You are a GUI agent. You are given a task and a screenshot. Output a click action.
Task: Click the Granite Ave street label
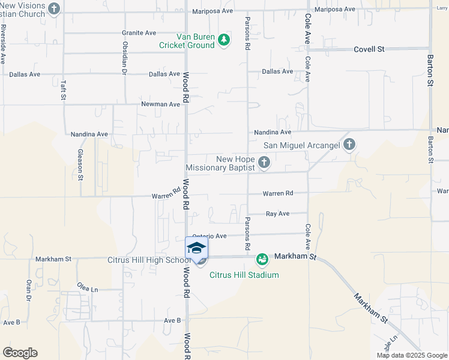point(139,32)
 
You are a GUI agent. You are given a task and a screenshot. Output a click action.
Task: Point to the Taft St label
point(63,90)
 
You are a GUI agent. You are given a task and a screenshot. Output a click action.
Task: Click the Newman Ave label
point(160,104)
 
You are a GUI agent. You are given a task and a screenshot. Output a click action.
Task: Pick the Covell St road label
point(369,49)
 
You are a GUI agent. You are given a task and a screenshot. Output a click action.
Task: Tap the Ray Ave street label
point(277,214)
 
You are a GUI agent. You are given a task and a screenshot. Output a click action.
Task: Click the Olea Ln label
point(87,289)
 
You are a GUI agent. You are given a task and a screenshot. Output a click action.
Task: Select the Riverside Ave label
point(4,44)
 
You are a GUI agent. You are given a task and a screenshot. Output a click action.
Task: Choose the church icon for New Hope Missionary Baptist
point(264,162)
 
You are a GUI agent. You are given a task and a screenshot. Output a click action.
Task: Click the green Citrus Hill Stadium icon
point(262,260)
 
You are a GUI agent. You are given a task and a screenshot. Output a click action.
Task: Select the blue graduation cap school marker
point(197,247)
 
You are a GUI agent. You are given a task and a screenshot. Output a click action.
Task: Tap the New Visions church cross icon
point(54,8)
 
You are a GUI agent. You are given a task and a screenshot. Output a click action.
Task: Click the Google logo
point(20,353)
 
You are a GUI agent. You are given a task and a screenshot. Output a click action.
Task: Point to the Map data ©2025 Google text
point(411,355)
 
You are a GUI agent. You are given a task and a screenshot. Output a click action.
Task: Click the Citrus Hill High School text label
point(149,260)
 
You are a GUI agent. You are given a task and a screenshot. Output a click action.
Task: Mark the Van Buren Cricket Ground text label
point(187,41)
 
